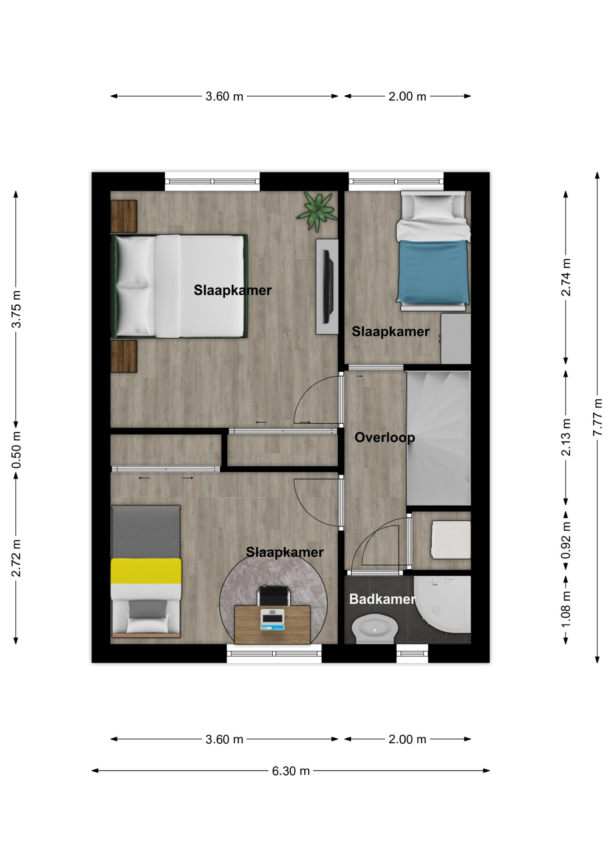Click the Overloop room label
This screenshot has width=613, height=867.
[385, 438]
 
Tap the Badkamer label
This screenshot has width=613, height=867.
[382, 599]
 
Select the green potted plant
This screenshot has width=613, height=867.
[317, 212]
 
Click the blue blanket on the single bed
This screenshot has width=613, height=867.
[432, 272]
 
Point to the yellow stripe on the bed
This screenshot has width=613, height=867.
[146, 571]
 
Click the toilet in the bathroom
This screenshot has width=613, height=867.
[375, 628]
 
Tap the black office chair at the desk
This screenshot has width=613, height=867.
[273, 596]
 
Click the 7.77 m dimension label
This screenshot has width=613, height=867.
[597, 417]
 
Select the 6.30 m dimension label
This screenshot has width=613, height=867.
[291, 771]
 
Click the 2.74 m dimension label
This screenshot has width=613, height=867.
[566, 277]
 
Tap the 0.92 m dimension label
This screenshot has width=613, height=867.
[566, 540]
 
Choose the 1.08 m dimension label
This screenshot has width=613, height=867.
[566, 608]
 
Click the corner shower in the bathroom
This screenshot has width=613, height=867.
[442, 604]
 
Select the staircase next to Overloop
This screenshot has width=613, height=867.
[439, 438]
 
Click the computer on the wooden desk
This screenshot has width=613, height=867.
[272, 619]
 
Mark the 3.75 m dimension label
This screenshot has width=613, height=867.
[16, 309]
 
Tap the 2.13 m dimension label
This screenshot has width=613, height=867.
[566, 437]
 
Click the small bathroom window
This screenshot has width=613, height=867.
[412, 653]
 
